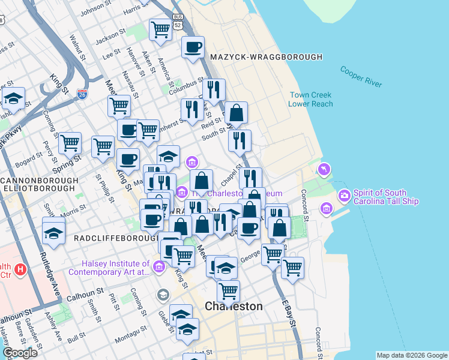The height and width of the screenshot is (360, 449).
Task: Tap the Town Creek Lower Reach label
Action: (x=310, y=99)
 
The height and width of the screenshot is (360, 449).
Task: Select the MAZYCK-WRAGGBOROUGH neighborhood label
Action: (x=267, y=57)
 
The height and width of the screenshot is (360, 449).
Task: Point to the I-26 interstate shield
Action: (x=82, y=94)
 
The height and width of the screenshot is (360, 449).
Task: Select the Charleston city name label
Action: (x=234, y=306)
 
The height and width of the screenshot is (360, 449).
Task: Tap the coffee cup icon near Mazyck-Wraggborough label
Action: (x=193, y=47)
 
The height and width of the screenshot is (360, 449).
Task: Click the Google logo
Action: (x=20, y=353)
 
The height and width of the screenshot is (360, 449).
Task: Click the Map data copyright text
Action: (x=411, y=355)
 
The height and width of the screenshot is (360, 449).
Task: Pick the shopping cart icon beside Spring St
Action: (x=70, y=143)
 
